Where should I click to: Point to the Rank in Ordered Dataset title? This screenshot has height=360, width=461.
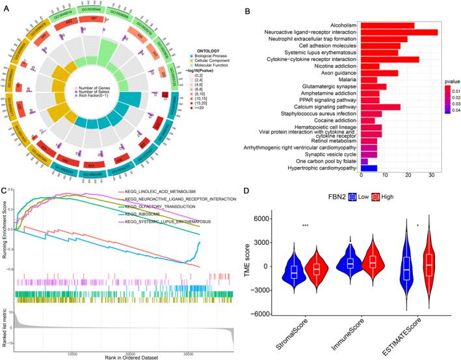tap(118, 356)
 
